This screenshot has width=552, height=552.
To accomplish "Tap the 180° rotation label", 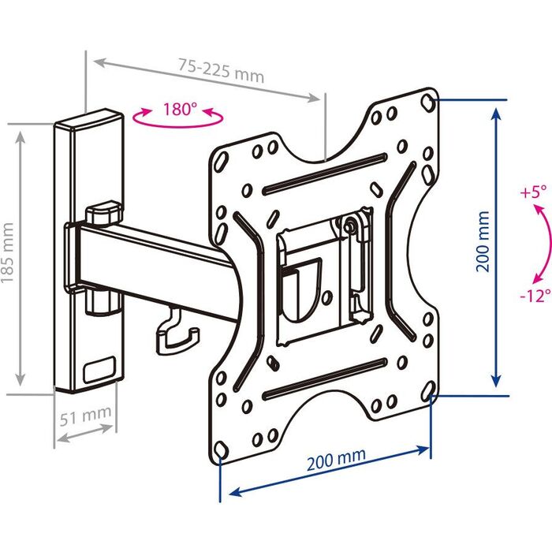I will [181, 110].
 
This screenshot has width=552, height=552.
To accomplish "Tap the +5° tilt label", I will [533, 192].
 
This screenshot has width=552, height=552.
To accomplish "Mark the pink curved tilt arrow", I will [539, 244].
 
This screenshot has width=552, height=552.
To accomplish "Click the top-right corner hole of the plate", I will [427, 102].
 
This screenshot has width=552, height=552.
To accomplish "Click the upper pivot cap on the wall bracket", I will [103, 213].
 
